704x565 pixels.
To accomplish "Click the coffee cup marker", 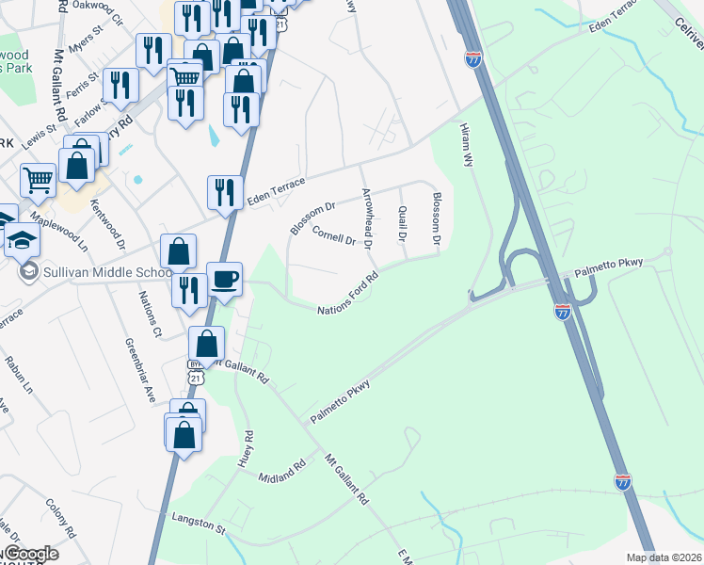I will tap(224, 280).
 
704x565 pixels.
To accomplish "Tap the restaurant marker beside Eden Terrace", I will tap(225, 194).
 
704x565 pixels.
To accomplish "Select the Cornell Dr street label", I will tap(333, 237).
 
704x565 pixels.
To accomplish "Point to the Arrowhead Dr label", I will tap(369, 218).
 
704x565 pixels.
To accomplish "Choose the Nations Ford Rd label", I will tap(347, 295).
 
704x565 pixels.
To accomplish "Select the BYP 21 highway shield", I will tap(195, 371).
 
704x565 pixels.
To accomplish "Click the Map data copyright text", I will tap(664, 557).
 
